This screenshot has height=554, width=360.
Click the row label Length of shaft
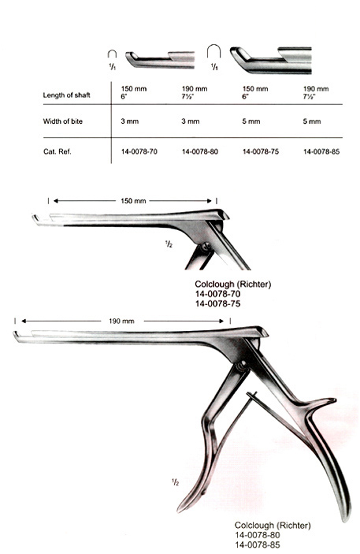tap(66, 95)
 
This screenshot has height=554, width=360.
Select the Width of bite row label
tap(62, 121)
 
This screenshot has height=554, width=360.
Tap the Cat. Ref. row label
tap(58, 151)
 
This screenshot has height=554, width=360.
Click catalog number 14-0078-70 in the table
tap(139, 151)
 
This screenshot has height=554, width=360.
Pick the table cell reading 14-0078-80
tap(200, 151)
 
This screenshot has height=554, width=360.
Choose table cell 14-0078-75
tap(261, 151)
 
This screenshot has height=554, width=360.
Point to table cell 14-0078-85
tap(321, 151)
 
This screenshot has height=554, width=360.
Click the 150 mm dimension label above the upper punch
tap(133, 201)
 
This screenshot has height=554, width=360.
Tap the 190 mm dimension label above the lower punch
tap(121, 322)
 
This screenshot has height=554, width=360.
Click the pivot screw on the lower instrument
tap(242, 366)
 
